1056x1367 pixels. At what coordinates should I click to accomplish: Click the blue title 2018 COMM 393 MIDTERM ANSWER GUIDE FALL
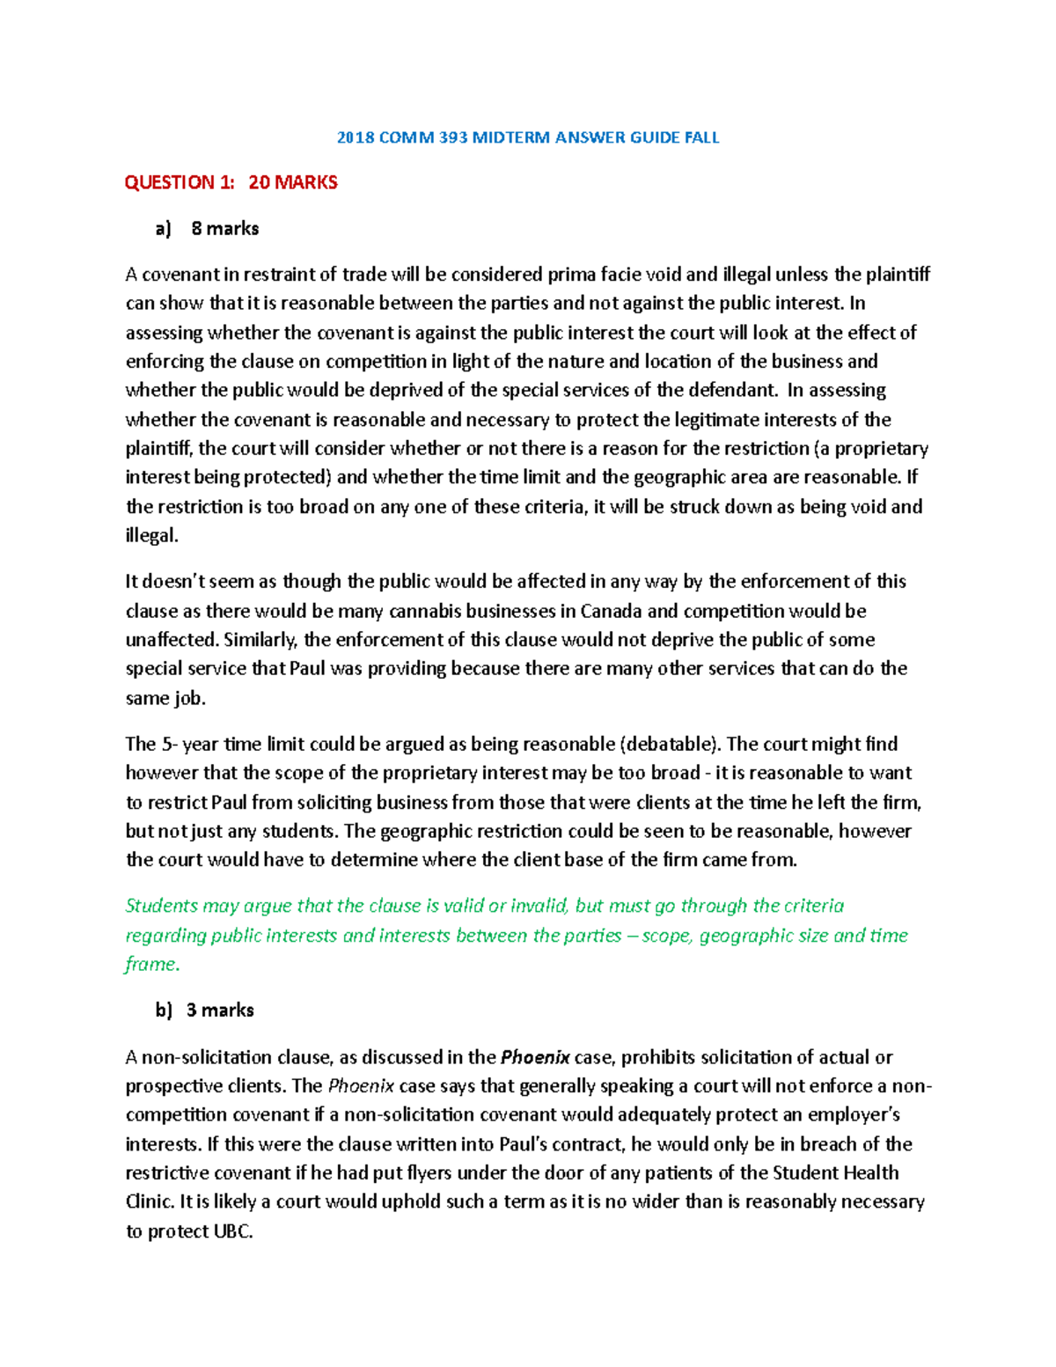528,137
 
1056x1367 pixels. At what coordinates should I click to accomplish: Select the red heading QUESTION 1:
180,183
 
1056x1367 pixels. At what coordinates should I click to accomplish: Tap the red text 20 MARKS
293,183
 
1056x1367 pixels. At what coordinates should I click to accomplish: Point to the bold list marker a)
163,229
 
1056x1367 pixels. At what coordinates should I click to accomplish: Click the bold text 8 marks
225,229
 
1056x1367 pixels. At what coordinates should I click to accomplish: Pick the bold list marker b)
164,1011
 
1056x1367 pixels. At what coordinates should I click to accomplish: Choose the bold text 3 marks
220,1011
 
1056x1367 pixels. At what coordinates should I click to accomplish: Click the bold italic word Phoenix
535,1057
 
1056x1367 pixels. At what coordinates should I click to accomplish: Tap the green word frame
150,965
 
